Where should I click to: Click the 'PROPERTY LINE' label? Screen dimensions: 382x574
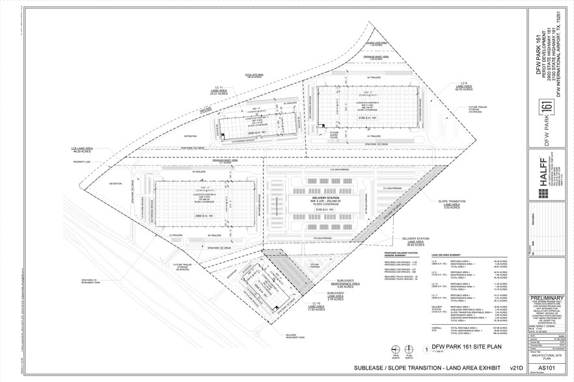tap(81, 162)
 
